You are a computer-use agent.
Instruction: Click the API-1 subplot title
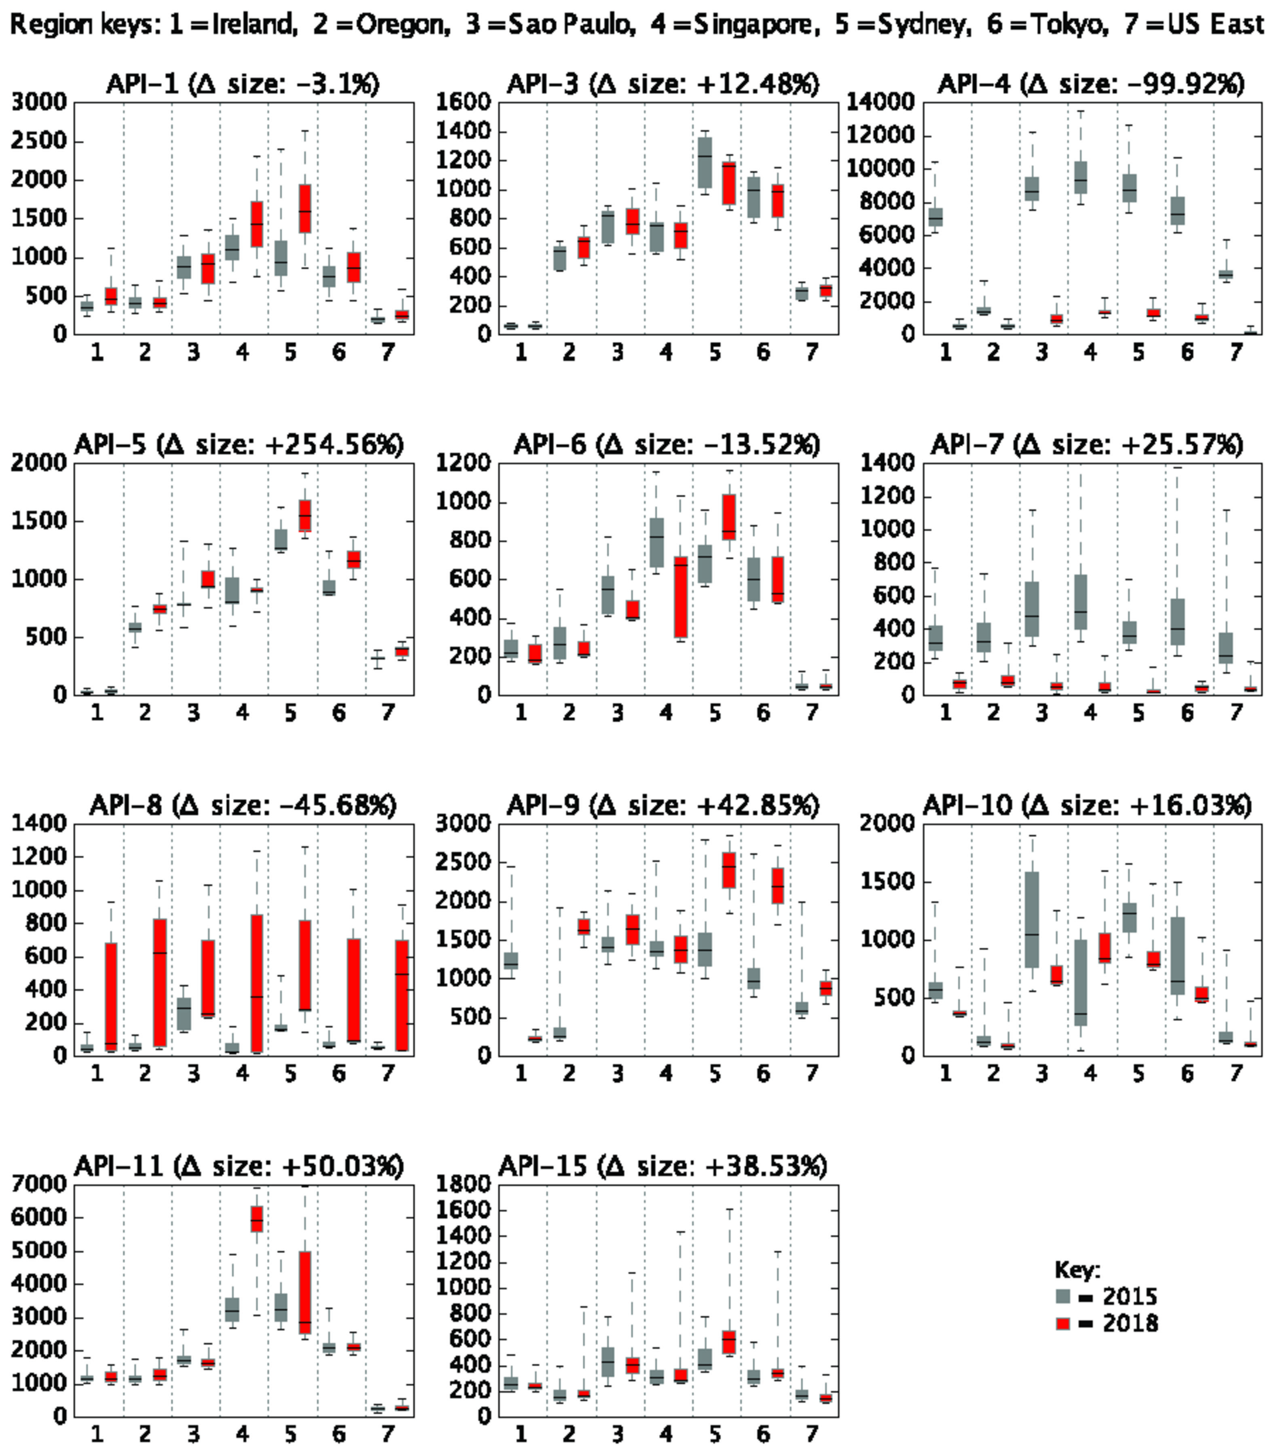(x=242, y=84)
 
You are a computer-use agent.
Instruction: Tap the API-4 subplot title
(x=1091, y=84)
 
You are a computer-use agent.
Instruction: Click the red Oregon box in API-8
(x=160, y=983)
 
